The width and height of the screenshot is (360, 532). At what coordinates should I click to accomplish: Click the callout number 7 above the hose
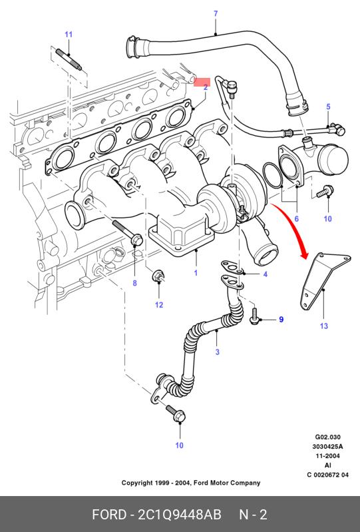pos(216,14)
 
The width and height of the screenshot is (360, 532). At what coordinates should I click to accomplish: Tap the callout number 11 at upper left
pos(69,34)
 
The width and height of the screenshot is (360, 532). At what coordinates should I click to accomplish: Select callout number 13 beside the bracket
pos(323,326)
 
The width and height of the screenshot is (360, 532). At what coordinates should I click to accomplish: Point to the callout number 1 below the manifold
pos(196,273)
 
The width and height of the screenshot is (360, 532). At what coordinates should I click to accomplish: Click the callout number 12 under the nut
pos(159,305)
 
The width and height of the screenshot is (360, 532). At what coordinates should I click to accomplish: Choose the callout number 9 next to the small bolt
pos(281,320)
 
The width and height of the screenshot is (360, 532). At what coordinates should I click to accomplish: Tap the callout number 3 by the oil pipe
pos(218,352)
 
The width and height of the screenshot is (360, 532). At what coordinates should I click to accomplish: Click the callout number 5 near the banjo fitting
pos(328,107)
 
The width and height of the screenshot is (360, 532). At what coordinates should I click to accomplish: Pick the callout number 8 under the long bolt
pos(134,282)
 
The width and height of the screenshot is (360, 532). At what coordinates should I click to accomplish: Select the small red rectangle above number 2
pos(202,82)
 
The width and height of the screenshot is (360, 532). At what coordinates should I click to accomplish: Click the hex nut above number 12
pos(158,275)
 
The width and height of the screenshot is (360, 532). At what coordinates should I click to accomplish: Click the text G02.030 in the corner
pos(328,437)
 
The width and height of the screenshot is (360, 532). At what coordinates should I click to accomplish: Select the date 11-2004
pos(328,456)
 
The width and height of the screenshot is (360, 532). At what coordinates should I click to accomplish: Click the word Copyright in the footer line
pos(136,483)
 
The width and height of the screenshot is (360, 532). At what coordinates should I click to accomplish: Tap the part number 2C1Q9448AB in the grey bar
pos(179,515)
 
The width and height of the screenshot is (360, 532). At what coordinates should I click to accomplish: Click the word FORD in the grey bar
pos(109,515)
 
